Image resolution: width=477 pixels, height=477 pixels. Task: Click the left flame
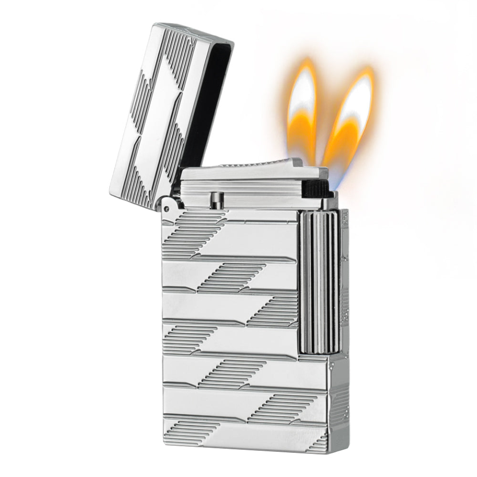tap(302, 110)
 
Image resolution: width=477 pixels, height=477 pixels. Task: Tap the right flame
tap(351, 119)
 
